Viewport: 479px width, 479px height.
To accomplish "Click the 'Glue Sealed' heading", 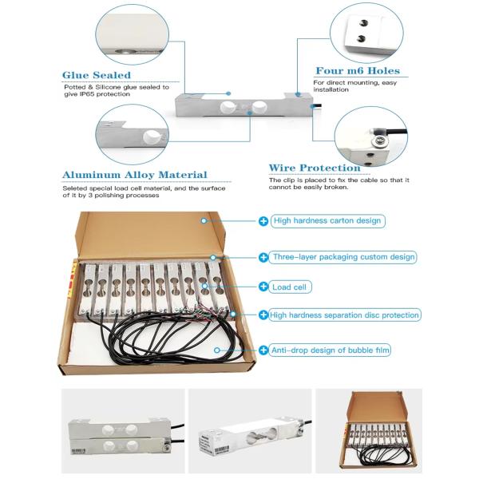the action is point(97,75).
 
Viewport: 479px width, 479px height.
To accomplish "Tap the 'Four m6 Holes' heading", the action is point(358,71).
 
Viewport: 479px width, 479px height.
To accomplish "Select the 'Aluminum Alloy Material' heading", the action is point(135,175).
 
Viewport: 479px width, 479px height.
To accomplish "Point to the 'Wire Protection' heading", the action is point(315,168).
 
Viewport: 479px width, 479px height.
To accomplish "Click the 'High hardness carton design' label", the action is point(327,221).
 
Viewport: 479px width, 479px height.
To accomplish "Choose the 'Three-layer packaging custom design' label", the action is point(343,257).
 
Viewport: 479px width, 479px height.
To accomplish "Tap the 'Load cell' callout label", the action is point(290,287).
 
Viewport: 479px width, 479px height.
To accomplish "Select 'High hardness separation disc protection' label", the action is point(344,315).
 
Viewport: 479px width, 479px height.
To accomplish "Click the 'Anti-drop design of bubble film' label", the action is point(331,350).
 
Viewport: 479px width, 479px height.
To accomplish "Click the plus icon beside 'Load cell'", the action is point(263,287).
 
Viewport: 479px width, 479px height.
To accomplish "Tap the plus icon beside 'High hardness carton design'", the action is point(263,221).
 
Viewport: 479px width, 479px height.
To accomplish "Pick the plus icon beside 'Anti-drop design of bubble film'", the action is point(263,350).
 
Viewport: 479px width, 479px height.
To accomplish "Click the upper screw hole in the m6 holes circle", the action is point(363,23).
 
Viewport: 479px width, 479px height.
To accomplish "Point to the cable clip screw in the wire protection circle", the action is point(379,141).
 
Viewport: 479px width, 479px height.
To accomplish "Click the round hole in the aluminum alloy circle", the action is point(150,137).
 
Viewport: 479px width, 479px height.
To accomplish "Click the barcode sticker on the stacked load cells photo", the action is point(78,451).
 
